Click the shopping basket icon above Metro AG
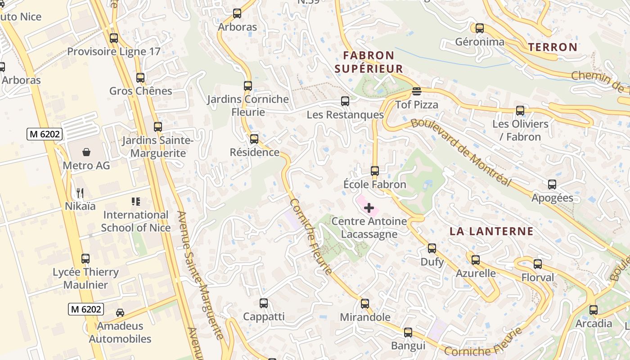(x=86, y=152)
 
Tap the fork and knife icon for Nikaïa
(x=80, y=193)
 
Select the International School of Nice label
(x=135, y=221)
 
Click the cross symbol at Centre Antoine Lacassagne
(x=369, y=208)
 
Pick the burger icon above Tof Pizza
(x=416, y=92)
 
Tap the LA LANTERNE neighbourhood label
(x=491, y=232)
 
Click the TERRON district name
(x=553, y=47)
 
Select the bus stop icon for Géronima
(x=480, y=28)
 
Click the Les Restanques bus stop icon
(x=345, y=101)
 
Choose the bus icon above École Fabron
(x=375, y=171)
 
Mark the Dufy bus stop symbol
(x=432, y=248)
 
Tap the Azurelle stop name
(x=476, y=273)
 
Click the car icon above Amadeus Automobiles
(x=120, y=312)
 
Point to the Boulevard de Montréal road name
(x=461, y=152)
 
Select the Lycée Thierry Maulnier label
(x=85, y=278)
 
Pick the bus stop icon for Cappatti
(x=264, y=303)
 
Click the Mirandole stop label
(x=365, y=317)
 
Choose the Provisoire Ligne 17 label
(x=114, y=51)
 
